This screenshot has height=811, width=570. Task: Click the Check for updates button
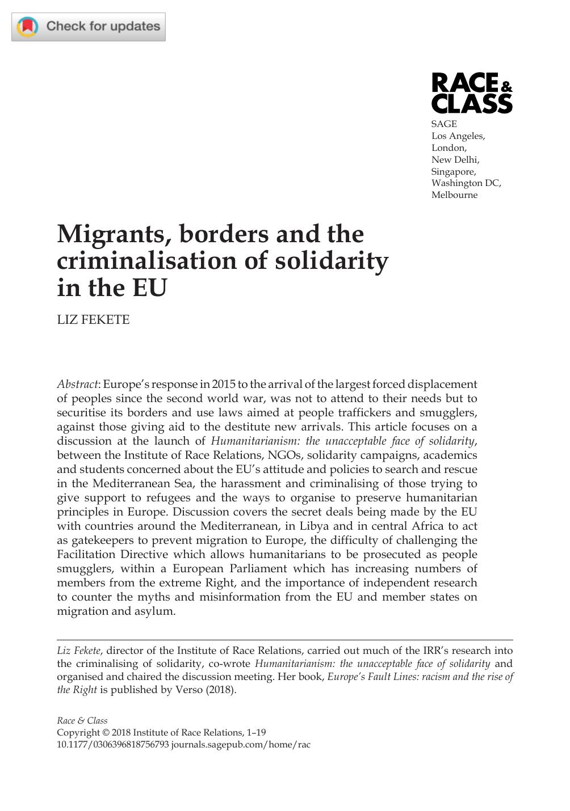pos(89,26)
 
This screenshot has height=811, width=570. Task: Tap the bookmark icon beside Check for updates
pos(27,27)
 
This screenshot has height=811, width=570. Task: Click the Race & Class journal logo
pos(472,93)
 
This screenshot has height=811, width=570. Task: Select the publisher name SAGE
pos(444,124)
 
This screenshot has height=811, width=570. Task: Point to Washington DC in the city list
pos(466,183)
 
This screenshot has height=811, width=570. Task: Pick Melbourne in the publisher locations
pos(454,195)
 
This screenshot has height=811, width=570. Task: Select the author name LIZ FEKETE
pos(93,320)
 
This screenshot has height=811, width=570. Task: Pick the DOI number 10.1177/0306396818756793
pos(113,745)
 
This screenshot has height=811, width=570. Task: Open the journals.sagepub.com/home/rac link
pos(241,745)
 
